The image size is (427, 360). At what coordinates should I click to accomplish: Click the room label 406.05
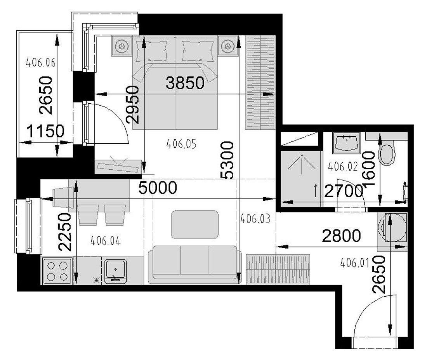181,144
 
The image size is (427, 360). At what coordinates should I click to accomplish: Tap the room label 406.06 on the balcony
41,63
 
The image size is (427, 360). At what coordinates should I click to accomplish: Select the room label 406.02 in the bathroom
343,166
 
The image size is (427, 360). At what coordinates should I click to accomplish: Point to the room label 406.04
105,241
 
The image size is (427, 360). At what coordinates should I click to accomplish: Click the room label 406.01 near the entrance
355,263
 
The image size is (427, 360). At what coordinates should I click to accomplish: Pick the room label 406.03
255,219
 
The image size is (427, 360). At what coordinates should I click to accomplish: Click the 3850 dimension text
185,83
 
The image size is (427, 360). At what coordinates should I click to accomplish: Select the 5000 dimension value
158,188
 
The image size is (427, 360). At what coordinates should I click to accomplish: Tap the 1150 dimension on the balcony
45,131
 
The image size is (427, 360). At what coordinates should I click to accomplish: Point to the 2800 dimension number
341,236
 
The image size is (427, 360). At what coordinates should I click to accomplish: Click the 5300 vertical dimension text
227,160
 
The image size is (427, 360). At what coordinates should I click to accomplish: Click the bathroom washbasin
346,143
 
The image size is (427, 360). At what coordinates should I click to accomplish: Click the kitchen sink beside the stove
116,271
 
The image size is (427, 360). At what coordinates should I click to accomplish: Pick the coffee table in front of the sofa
195,224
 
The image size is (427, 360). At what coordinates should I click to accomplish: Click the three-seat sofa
195,264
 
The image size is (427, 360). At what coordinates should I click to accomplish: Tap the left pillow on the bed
152,51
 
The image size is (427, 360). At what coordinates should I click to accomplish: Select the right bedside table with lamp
228,46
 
